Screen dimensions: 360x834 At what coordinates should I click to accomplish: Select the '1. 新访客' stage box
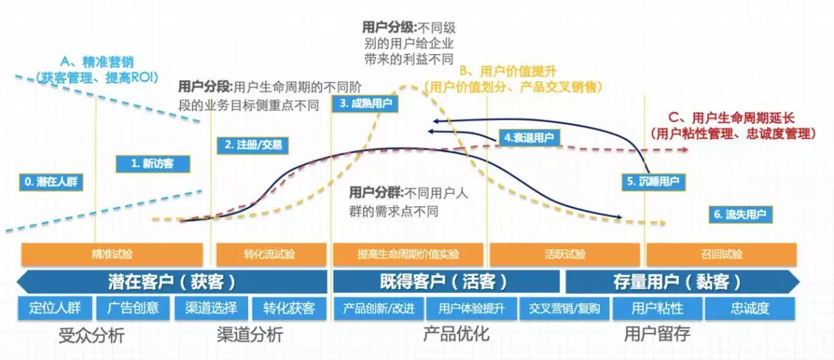pyautogui.click(x=153, y=164)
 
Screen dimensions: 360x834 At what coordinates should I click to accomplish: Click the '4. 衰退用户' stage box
pyautogui.click(x=529, y=138)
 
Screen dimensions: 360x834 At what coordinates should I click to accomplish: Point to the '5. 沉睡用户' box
pyautogui.click(x=653, y=181)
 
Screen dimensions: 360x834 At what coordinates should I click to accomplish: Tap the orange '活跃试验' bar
pyautogui.click(x=564, y=254)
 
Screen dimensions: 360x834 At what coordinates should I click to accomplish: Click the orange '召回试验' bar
pyautogui.click(x=722, y=254)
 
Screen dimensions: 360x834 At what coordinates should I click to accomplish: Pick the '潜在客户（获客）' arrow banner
pyautogui.click(x=171, y=280)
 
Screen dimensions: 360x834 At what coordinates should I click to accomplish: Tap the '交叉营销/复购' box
pyautogui.click(x=564, y=308)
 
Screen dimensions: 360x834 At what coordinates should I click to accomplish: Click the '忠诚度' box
pyautogui.click(x=750, y=308)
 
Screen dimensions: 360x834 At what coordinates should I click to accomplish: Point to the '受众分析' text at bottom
pyautogui.click(x=91, y=335)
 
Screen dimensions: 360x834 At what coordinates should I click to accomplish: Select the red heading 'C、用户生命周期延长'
pyautogui.click(x=731, y=117)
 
